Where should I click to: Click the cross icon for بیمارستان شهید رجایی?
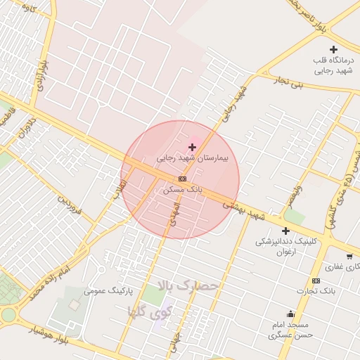coord(192,147)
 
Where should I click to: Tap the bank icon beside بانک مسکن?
coord(182,179)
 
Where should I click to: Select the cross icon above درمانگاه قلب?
coord(333,49)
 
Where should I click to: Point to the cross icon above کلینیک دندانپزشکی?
coord(285,231)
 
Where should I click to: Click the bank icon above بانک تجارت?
coord(316,281)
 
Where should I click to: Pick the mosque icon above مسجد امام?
coord(290,314)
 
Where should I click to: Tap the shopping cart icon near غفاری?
coord(349,256)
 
